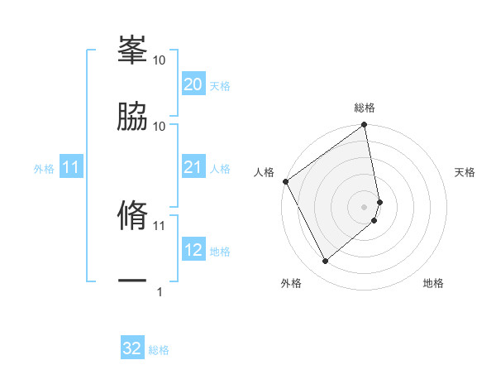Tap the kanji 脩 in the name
click(132, 214)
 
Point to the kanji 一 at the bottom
click(132, 281)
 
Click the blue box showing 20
click(193, 84)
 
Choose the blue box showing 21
click(193, 168)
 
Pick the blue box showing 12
click(193, 250)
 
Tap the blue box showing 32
click(132, 348)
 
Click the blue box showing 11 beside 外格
click(71, 168)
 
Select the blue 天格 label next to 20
click(219, 85)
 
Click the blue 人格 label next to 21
click(219, 169)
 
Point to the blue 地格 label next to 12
click(219, 251)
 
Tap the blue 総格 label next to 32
click(159, 349)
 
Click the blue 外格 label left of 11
click(44, 169)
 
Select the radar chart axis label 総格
click(365, 108)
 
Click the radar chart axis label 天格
click(465, 172)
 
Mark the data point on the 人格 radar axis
click(285, 181)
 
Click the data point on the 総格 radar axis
click(365, 126)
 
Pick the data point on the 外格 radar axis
click(325, 262)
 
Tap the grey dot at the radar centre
click(365, 206)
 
